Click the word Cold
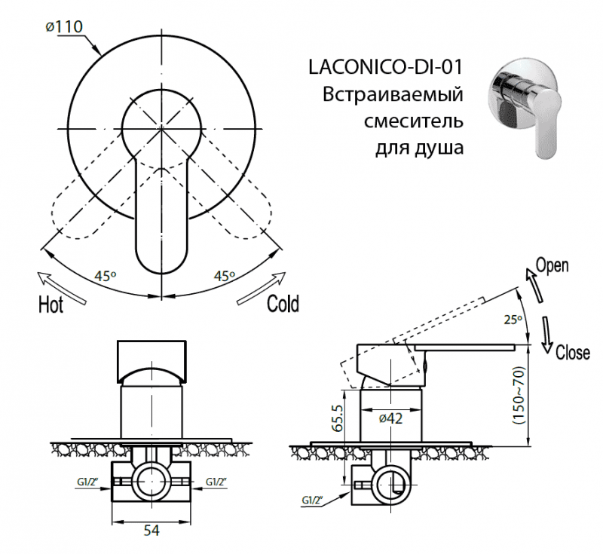pos(283,304)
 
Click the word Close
pos(572,353)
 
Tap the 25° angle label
pos(513,320)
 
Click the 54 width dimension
pos(151,531)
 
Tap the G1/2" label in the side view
pos(313,500)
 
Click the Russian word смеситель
pos(413,121)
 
